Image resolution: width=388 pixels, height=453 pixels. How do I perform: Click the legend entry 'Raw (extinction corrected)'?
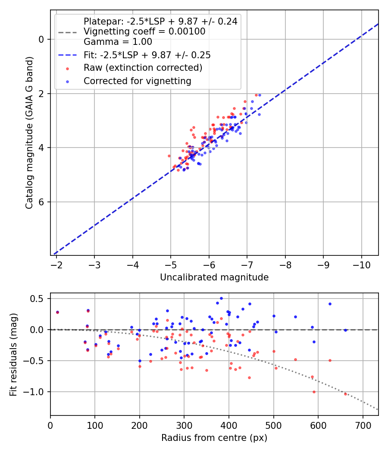pyautogui.click(x=143, y=68)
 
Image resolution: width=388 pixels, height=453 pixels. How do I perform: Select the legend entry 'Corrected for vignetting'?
pyautogui.click(x=137, y=81)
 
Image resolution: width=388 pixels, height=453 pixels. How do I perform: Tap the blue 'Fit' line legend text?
pyautogui.click(x=147, y=55)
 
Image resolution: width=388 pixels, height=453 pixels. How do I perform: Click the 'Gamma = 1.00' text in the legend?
pyautogui.click(x=118, y=42)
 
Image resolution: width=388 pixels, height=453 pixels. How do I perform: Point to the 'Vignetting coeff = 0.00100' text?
pyautogui.click(x=144, y=31)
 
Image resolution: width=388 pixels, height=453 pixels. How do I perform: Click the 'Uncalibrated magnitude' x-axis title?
pyautogui.click(x=214, y=277)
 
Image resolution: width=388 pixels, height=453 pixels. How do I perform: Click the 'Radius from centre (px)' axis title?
pyautogui.click(x=214, y=438)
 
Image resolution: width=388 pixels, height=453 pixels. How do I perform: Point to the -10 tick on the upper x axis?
pyautogui.click(x=361, y=264)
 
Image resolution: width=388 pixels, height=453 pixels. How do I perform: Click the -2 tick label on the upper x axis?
pyautogui.click(x=56, y=264)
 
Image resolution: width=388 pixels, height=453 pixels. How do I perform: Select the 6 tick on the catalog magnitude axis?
pyautogui.click(x=41, y=202)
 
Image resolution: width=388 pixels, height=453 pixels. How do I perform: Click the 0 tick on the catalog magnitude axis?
pyautogui.click(x=41, y=39)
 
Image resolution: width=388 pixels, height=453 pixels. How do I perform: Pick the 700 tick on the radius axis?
pyautogui.click(x=363, y=425)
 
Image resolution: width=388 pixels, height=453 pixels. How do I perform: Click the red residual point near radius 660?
pyautogui.click(x=345, y=394)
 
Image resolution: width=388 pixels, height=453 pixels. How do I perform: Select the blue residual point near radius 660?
pyautogui.click(x=345, y=330)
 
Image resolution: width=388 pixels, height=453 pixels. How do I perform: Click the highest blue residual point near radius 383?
pyautogui.click(x=221, y=298)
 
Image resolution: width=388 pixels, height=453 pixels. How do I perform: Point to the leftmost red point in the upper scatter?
pyautogui.click(x=169, y=156)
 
